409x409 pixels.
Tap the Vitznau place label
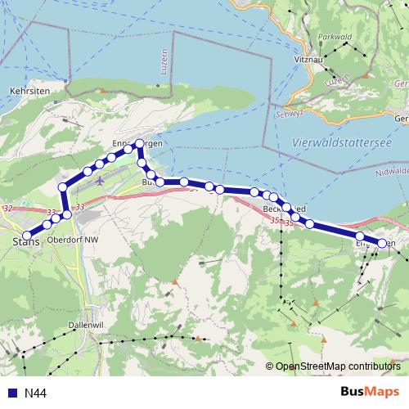pyautogui.click(x=308, y=60)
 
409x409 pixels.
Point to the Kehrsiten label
pyautogui.click(x=28, y=91)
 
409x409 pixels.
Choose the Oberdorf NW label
pyautogui.click(x=73, y=240)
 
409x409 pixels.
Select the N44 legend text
pyautogui.click(x=35, y=393)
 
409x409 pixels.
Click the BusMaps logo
pyautogui.click(x=370, y=392)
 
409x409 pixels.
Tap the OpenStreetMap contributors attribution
pyautogui.click(x=336, y=366)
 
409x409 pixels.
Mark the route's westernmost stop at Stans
pyautogui.click(x=28, y=236)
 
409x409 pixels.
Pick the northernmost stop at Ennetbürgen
pyautogui.click(x=139, y=145)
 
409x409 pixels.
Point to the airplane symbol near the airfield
pyautogui.click(x=100, y=180)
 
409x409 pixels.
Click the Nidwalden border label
pyautogui.click(x=393, y=172)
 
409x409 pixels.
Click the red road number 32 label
pyautogui.click(x=8, y=210)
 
